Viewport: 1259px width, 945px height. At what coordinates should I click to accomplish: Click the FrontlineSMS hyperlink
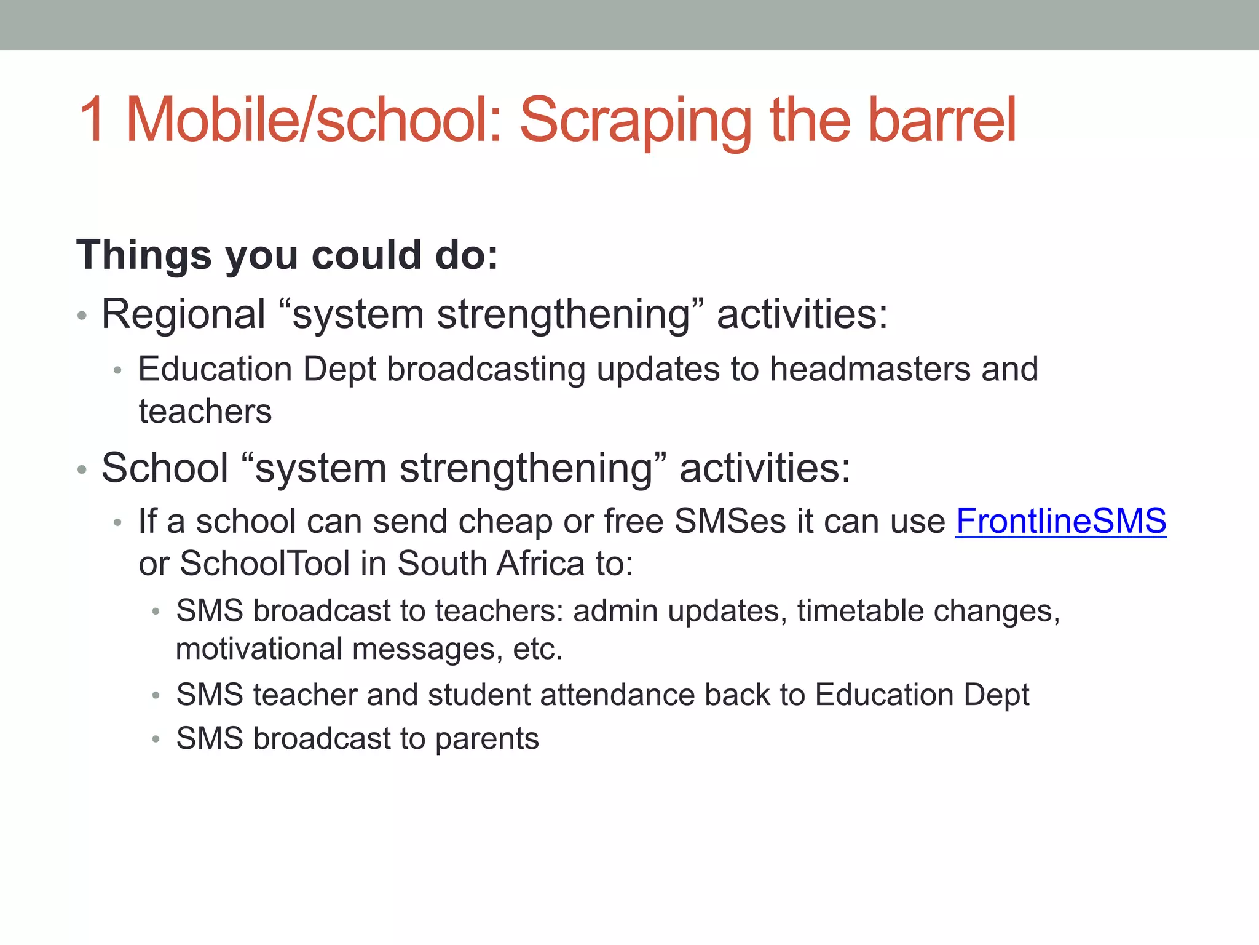click(1060, 521)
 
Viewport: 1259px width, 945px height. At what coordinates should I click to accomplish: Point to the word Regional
click(183, 314)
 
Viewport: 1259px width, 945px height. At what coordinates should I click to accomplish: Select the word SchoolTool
click(265, 563)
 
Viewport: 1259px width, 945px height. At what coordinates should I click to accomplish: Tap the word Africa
click(541, 563)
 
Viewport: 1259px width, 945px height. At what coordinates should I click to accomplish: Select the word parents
click(487, 738)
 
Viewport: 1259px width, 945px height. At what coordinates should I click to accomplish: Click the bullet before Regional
click(82, 317)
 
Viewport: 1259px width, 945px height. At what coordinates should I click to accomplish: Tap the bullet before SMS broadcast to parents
click(156, 740)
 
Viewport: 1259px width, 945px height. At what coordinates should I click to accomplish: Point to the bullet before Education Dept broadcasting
click(118, 371)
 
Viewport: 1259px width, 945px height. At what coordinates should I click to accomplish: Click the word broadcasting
click(486, 369)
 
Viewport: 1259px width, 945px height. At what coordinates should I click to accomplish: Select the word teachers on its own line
click(205, 411)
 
